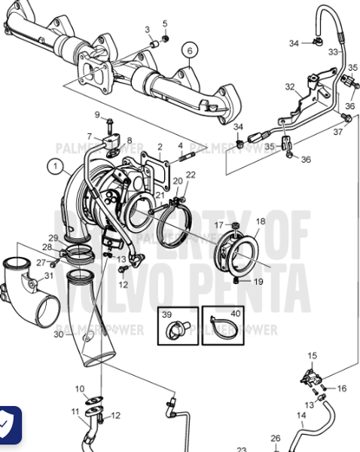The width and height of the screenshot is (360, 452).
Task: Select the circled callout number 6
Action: pyautogui.click(x=190, y=50)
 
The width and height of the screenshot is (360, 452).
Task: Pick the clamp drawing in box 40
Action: pyautogui.click(x=223, y=326)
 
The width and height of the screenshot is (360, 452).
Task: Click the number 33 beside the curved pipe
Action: pyautogui.click(x=332, y=52)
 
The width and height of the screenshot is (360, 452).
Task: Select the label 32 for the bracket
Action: pyautogui.click(x=289, y=87)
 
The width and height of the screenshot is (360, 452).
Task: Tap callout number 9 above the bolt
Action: pyautogui.click(x=96, y=114)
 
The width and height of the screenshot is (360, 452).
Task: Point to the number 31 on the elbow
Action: pyautogui.click(x=48, y=275)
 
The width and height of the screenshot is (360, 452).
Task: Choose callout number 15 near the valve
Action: pyautogui.click(x=313, y=355)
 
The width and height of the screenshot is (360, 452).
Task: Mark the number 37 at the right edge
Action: pyautogui.click(x=338, y=132)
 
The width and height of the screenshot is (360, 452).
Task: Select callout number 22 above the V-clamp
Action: pyautogui.click(x=191, y=175)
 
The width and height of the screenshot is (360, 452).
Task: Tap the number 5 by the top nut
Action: pyautogui.click(x=165, y=23)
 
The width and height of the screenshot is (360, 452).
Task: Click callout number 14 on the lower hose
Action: pyautogui.click(x=301, y=415)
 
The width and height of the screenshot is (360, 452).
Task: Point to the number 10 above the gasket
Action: pyautogui.click(x=80, y=388)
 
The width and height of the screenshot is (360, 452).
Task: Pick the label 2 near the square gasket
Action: pyautogui.click(x=160, y=146)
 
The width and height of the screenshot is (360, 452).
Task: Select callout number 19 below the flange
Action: pyautogui.click(x=258, y=282)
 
